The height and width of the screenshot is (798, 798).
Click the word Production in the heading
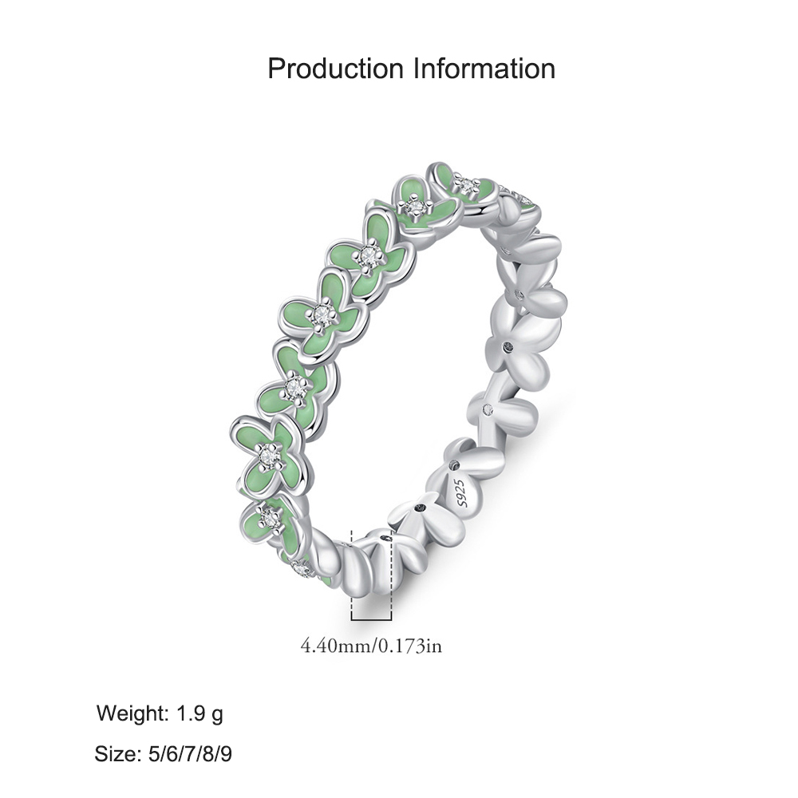click(335, 69)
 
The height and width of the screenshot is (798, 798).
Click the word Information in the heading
click(484, 69)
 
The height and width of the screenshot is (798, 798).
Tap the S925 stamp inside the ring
click(461, 492)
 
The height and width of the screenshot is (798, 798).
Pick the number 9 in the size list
click(226, 754)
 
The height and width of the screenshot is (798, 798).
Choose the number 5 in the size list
click(154, 754)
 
